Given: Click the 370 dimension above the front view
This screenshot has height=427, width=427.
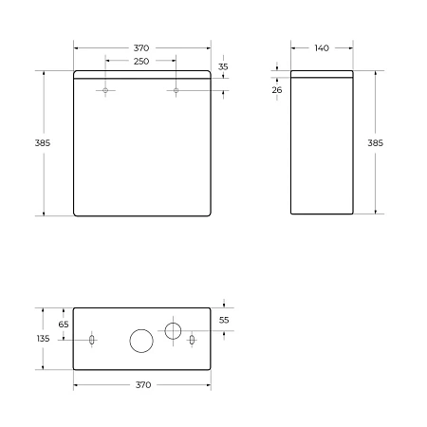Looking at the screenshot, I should [x=141, y=47].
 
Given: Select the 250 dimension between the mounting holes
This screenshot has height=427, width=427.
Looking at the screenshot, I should [x=141, y=61].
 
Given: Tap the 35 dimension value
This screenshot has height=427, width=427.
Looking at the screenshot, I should [x=223, y=67].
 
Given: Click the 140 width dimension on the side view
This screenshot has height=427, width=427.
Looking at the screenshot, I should [x=322, y=47].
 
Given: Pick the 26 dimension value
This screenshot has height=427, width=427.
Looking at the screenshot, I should [x=276, y=89].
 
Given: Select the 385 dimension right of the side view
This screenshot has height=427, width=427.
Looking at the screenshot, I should [x=375, y=142].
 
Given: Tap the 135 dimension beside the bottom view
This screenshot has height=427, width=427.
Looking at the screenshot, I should [x=43, y=338].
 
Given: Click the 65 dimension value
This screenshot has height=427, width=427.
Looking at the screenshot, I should [x=63, y=324].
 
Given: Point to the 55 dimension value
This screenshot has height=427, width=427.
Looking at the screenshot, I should [x=224, y=320].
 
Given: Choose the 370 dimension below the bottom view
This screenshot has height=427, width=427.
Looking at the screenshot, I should [x=141, y=384].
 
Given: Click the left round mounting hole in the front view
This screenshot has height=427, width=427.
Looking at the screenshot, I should [x=106, y=91].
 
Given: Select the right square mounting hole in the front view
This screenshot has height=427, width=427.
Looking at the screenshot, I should [x=176, y=91].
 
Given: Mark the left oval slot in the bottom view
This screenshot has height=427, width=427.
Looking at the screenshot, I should [x=91, y=340].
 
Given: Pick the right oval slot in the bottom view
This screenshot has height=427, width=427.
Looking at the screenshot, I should [x=192, y=340].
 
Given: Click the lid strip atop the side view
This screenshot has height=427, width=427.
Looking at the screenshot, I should [x=322, y=76].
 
